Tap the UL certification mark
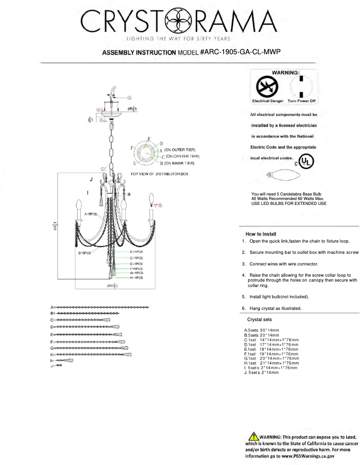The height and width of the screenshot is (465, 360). pos(307,161)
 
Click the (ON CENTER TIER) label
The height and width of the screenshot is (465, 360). pos(182,156)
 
